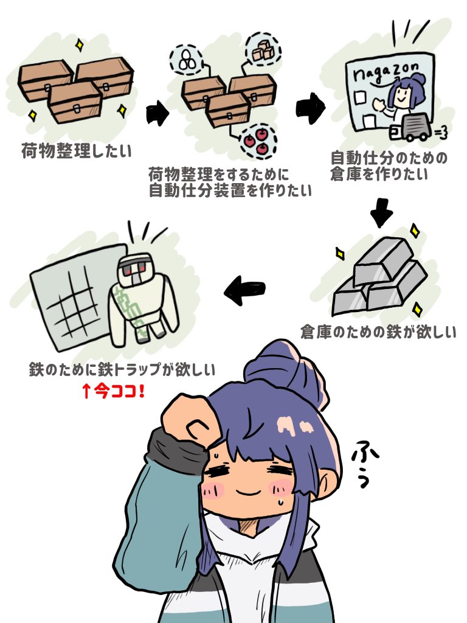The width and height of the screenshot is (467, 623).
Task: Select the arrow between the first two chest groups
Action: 157,114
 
